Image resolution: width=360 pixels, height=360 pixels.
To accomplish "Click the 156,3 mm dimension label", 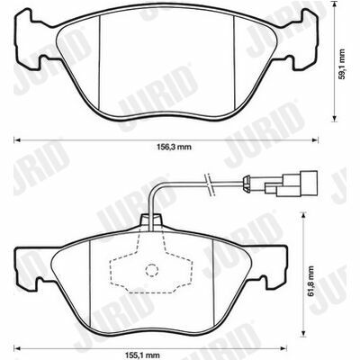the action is point(174,147).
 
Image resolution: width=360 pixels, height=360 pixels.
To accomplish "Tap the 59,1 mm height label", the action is point(342,64).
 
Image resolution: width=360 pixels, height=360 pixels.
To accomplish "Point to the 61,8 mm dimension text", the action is point(310,281).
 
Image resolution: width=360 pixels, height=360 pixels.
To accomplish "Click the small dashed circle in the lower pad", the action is point(151,270).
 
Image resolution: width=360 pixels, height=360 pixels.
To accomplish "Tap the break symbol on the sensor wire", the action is point(209,184).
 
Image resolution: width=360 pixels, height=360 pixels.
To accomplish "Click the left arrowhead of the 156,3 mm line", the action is point(17,140).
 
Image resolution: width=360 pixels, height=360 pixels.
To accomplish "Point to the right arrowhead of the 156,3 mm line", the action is point(315,140).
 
